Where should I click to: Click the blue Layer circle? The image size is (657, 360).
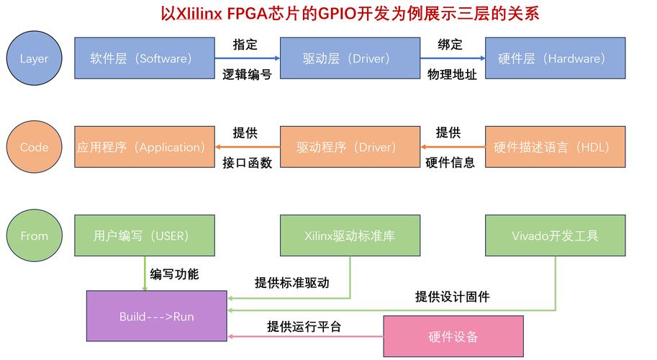34,58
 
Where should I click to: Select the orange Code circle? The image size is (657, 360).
34,147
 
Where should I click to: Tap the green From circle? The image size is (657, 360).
34,235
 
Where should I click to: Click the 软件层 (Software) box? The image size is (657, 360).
145,58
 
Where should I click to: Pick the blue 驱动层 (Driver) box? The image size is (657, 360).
350,58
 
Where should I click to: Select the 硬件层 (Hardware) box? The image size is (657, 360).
556,58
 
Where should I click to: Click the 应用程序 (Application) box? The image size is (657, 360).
145,147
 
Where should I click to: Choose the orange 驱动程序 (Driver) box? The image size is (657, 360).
350,147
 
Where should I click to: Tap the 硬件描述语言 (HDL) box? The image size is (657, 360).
556,147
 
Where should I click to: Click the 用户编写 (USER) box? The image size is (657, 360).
145,235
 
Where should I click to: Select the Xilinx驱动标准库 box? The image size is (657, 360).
350,235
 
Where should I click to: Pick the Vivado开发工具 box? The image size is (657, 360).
556,235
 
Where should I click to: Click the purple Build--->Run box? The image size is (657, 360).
157,316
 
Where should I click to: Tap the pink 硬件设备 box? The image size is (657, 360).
453,336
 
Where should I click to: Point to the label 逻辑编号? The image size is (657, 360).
248,74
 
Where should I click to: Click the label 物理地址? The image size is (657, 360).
452,74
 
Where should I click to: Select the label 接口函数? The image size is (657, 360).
248,163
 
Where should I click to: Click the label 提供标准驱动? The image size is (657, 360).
291,282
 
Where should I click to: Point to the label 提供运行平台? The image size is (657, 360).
304,326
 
